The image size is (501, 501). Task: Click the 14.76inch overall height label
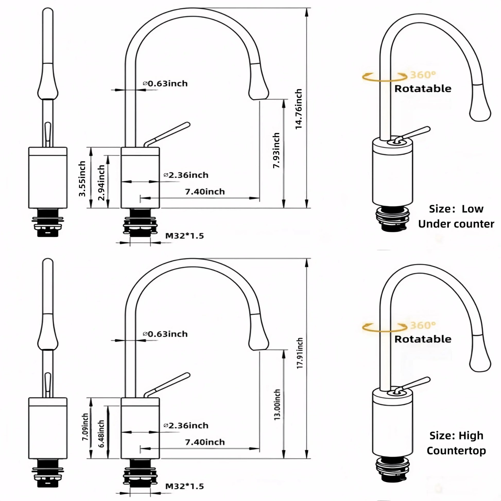point(299,109)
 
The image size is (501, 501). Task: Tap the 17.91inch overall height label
point(299,353)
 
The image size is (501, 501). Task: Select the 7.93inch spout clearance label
point(277,150)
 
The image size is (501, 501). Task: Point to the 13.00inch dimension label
point(277,404)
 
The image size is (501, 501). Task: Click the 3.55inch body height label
point(82,178)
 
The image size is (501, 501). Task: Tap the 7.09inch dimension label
point(85,427)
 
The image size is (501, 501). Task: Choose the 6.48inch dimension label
point(101,434)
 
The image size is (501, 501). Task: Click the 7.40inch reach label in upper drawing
point(205,192)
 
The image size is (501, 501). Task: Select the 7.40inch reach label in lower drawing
point(205,442)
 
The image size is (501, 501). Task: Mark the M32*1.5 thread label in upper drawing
point(184,236)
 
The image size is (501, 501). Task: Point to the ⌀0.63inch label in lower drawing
point(165,334)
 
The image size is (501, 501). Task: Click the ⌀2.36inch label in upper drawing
point(186,175)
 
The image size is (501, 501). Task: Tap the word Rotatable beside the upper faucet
point(423,89)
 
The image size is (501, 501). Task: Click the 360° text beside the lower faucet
point(423,325)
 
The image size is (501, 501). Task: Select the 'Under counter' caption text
point(456,224)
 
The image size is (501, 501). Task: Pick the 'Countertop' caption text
point(456,451)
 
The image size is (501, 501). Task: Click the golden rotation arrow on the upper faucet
point(384,77)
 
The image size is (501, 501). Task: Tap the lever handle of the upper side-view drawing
point(169,134)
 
